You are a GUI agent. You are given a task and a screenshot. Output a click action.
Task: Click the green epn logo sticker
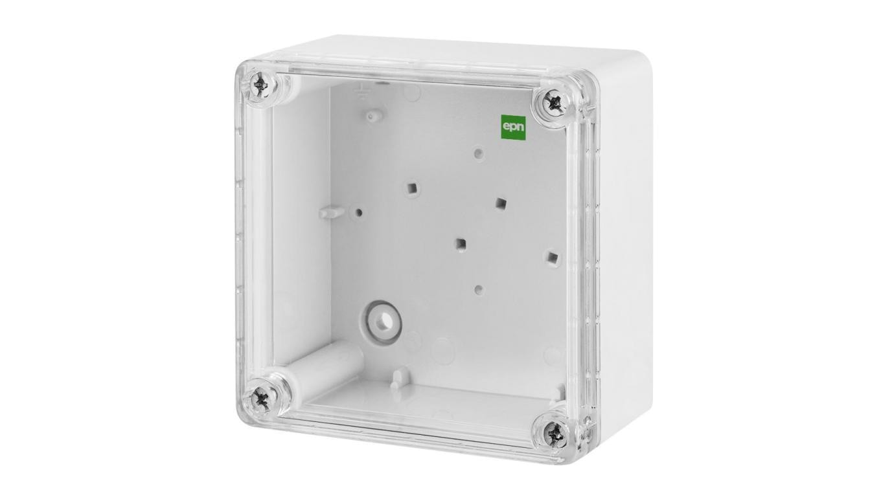pyautogui.click(x=513, y=127)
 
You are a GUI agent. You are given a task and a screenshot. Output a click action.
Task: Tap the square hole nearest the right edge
pyautogui.click(x=552, y=258)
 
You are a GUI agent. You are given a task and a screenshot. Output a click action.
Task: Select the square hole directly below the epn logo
pyautogui.click(x=500, y=203)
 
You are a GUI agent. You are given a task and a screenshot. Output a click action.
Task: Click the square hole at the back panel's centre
pyautogui.click(x=459, y=245)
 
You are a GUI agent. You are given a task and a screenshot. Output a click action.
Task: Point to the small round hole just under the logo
pyautogui.click(x=478, y=153)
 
